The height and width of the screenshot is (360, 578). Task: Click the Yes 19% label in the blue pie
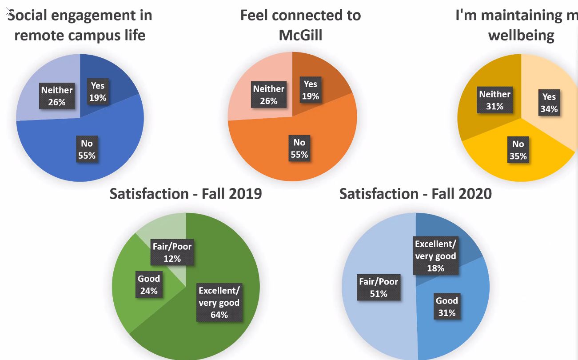tap(98, 92)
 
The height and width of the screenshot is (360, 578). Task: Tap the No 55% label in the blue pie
tap(87, 149)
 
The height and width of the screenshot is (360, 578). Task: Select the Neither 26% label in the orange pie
tap(268, 95)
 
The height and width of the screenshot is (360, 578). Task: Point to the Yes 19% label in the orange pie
tap(310, 90)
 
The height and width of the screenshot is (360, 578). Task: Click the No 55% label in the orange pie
tap(299, 148)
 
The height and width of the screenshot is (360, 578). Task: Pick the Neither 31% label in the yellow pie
tap(494, 100)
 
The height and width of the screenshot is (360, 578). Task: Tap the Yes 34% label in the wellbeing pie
tap(549, 103)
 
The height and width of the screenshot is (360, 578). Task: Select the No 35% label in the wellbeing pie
tap(518, 150)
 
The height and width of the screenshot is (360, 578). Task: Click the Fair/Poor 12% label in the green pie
tap(172, 252)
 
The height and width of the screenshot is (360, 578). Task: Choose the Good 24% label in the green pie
tap(148, 285)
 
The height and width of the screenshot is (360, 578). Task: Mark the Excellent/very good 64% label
tap(219, 303)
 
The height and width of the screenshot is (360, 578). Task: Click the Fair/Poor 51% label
tap(379, 288)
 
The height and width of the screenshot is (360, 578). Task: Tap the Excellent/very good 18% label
tap(435, 256)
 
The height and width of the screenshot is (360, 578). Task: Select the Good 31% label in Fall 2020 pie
tap(446, 307)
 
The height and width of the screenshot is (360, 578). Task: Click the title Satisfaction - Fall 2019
tap(186, 194)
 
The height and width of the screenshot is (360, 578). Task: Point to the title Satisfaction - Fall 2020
tap(415, 194)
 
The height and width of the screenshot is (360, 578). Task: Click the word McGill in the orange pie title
tap(300, 35)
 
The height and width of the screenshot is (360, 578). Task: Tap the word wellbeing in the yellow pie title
tap(521, 35)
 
